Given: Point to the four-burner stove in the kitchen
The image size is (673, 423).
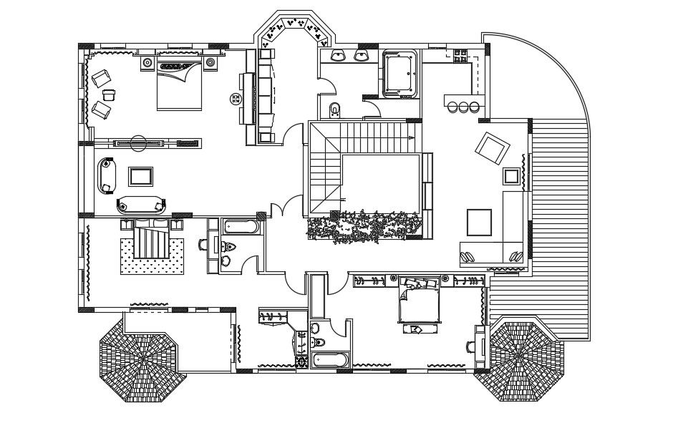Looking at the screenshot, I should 460,54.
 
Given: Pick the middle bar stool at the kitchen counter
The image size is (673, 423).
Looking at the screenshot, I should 463,107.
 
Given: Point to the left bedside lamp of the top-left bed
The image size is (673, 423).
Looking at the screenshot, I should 147,63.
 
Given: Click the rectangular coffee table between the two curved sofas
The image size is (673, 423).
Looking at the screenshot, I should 140,175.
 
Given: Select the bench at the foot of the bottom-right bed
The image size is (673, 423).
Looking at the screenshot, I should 415,329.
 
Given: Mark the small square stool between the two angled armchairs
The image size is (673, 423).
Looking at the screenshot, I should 109,94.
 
